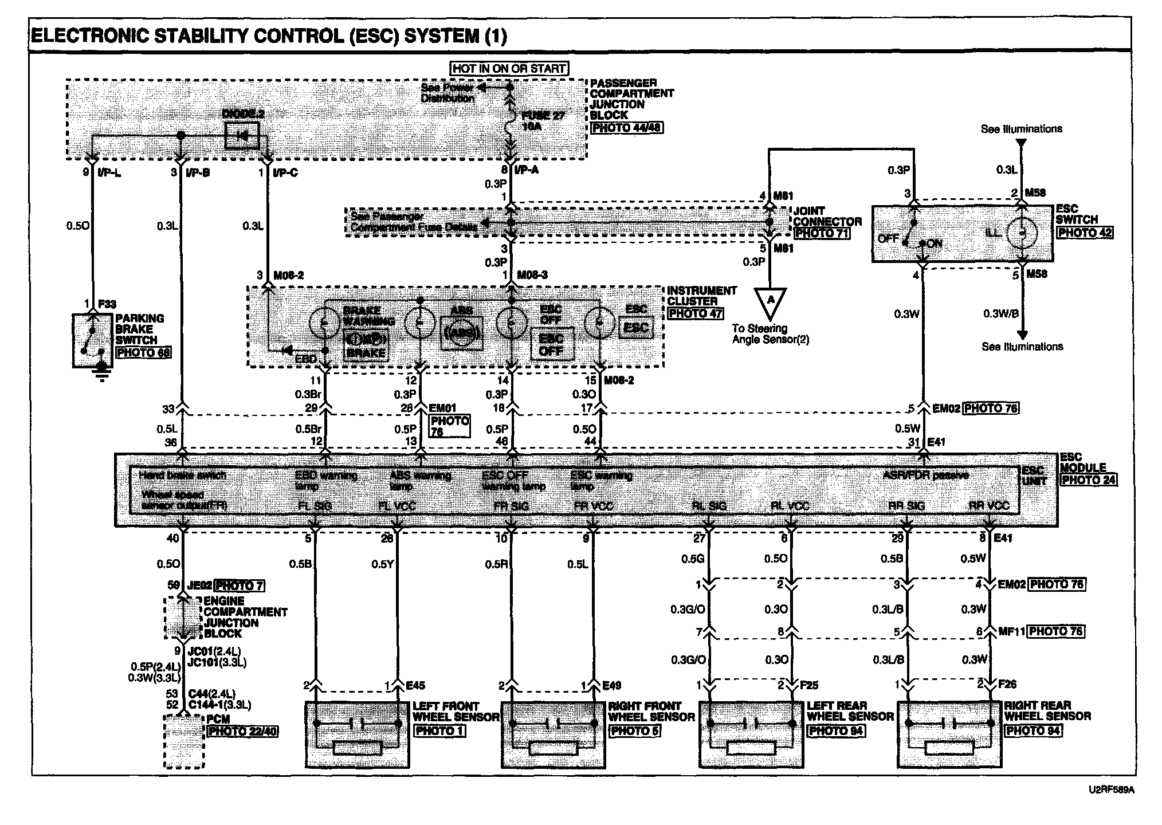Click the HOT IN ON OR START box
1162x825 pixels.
(x=509, y=68)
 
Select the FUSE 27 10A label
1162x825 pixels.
(x=542, y=120)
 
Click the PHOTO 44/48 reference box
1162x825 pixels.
(x=627, y=127)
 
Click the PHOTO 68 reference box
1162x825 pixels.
(x=143, y=352)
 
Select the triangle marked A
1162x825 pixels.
(x=770, y=301)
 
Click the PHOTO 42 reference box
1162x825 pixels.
(x=1085, y=233)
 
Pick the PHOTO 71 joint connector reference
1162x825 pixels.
(x=821, y=233)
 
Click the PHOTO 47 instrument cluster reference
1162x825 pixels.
(x=694, y=313)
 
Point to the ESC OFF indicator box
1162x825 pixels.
(x=551, y=344)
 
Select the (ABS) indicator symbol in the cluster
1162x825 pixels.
(x=461, y=333)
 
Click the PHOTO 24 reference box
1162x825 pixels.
(x=1088, y=480)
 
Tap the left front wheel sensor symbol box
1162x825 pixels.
(x=358, y=734)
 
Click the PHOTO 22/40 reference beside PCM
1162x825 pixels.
(x=243, y=731)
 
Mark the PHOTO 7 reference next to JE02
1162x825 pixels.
(x=239, y=586)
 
